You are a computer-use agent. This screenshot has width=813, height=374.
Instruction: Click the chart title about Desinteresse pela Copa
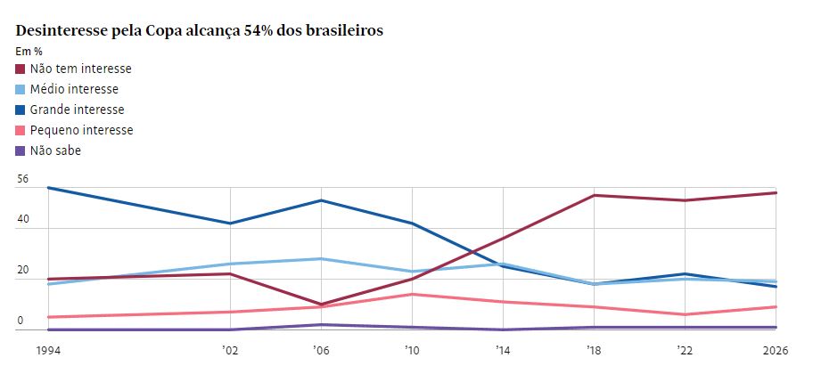pyautogui.click(x=200, y=30)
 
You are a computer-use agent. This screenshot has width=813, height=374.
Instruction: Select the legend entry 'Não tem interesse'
pyautogui.click(x=80, y=69)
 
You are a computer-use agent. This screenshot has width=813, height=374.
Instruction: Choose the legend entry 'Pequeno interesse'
pyautogui.click(x=81, y=130)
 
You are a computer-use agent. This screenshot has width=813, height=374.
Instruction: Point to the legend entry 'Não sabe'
pyautogui.click(x=55, y=150)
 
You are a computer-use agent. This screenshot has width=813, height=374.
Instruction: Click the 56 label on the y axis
pyautogui.click(x=23, y=179)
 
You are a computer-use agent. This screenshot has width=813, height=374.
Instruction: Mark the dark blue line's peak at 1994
pyautogui.click(x=48, y=188)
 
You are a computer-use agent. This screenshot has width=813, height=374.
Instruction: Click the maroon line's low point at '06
pyautogui.click(x=321, y=305)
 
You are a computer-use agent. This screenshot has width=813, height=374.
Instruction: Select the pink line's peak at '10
pyautogui.click(x=413, y=294)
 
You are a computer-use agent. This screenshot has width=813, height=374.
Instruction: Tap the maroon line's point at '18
pyautogui.click(x=594, y=195)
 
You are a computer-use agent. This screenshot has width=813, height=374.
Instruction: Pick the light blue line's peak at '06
pyautogui.click(x=321, y=259)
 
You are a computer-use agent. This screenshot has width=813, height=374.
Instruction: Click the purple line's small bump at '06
pyautogui.click(x=321, y=325)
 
